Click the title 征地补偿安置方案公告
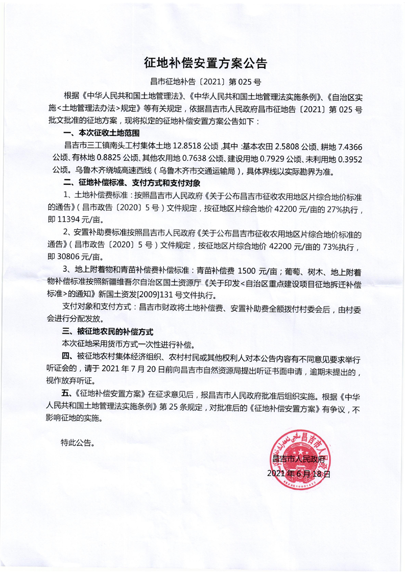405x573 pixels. click(x=203, y=63)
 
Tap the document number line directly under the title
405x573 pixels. click(x=203, y=80)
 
